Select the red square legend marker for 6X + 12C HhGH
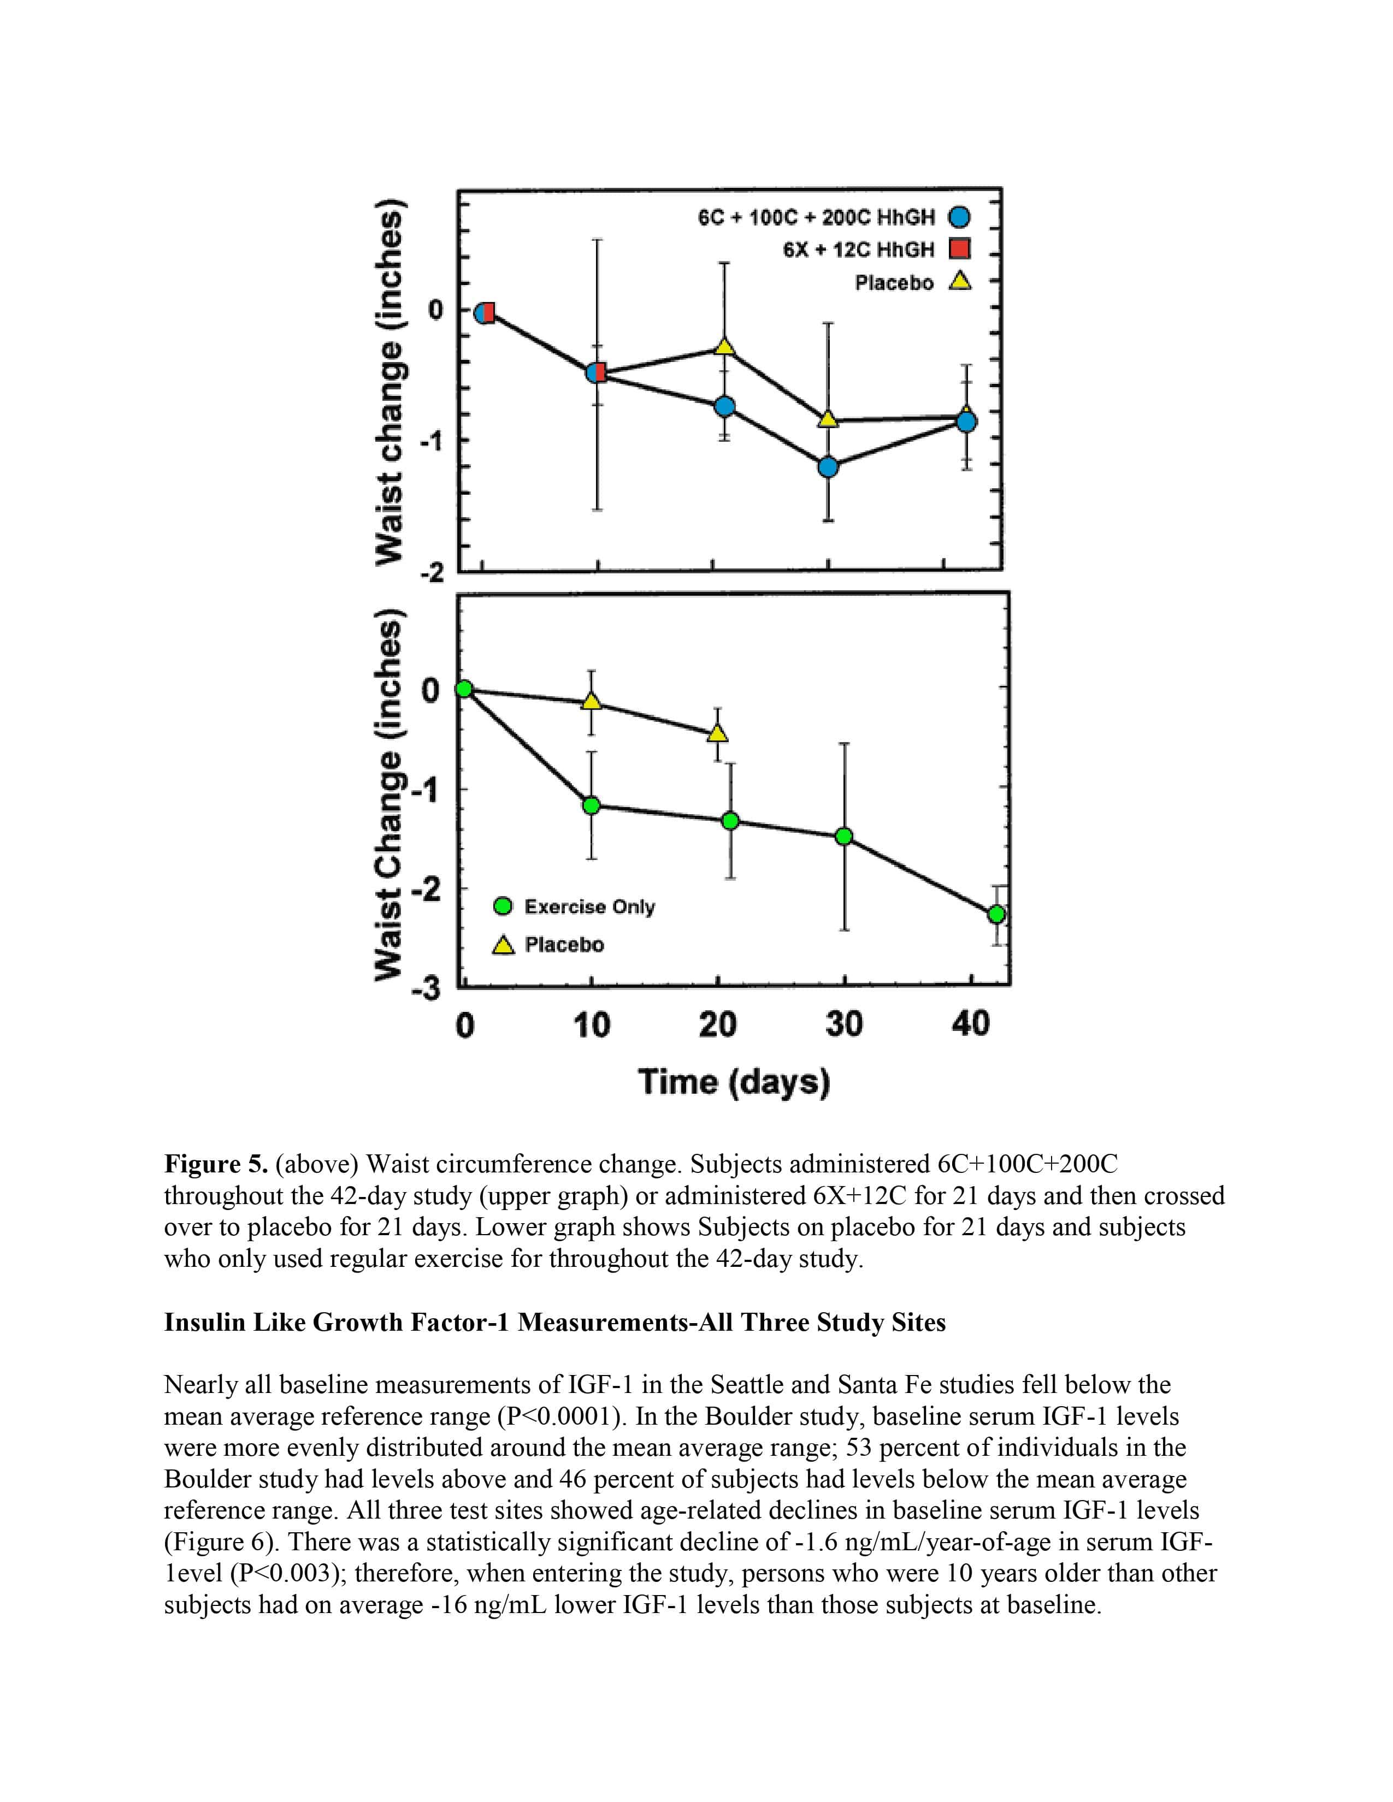click(x=959, y=248)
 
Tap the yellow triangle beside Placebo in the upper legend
click(x=959, y=282)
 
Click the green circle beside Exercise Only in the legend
click(x=503, y=906)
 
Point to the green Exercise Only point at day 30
click(x=843, y=837)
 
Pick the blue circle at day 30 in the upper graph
click(x=828, y=467)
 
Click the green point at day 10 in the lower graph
click(x=591, y=804)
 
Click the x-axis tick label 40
click(x=971, y=1024)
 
